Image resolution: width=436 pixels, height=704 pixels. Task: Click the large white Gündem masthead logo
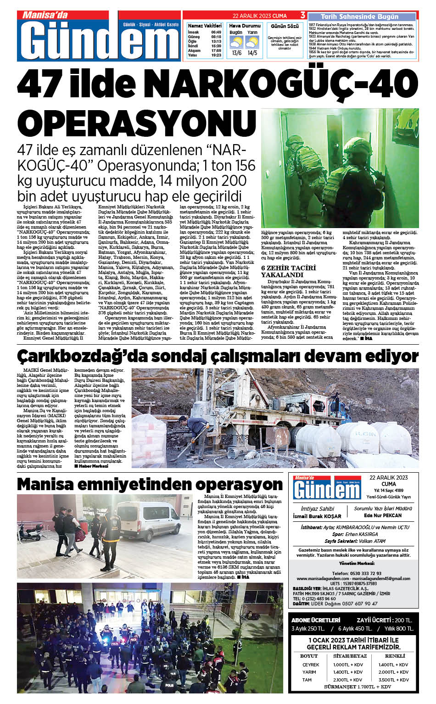pyautogui.click(x=98, y=41)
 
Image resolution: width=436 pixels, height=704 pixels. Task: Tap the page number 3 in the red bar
pyautogui.click(x=302, y=15)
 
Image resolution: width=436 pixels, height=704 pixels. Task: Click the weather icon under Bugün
pyautogui.click(x=236, y=43)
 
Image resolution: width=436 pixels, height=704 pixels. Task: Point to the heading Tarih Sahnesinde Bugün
pyautogui.click(x=359, y=17)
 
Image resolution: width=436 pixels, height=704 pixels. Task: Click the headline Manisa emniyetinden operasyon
pyautogui.click(x=150, y=484)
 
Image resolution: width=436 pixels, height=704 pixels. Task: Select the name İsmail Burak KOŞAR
pyautogui.click(x=317, y=516)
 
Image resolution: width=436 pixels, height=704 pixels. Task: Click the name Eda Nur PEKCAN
pyautogui.click(x=382, y=515)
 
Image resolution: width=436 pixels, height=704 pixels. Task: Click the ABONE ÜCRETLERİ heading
pyautogui.click(x=316, y=620)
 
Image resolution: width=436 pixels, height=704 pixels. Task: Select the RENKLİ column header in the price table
pyautogui.click(x=395, y=656)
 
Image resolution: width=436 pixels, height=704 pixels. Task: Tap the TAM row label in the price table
pyautogui.click(x=307, y=680)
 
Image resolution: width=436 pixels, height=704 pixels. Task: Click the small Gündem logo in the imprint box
pyautogui.click(x=327, y=488)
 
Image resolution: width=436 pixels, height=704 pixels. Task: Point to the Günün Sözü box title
pyautogui.click(x=285, y=26)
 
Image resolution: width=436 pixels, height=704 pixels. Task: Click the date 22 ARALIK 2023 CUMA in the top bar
pyautogui.click(x=260, y=16)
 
